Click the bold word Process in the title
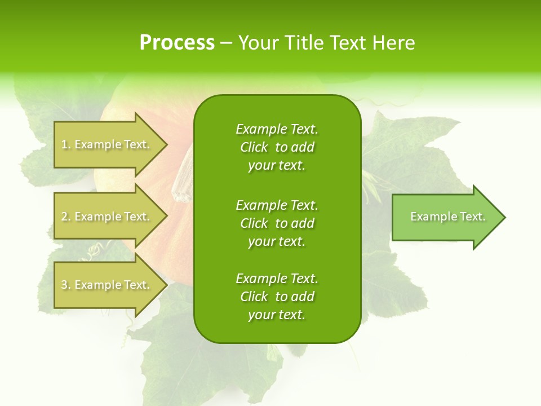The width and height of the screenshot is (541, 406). click(177, 43)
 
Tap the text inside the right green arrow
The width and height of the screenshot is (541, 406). click(447, 217)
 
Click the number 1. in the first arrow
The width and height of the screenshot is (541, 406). click(65, 144)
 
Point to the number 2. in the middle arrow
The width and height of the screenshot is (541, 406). click(65, 217)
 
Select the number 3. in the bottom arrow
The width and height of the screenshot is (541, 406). click(65, 285)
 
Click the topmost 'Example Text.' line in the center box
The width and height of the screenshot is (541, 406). click(277, 129)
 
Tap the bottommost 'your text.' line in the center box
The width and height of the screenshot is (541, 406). click(277, 315)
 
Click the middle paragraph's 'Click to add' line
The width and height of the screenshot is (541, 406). click(277, 223)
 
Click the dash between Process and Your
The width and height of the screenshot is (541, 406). click(226, 43)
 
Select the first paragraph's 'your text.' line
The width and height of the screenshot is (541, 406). click(277, 166)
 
